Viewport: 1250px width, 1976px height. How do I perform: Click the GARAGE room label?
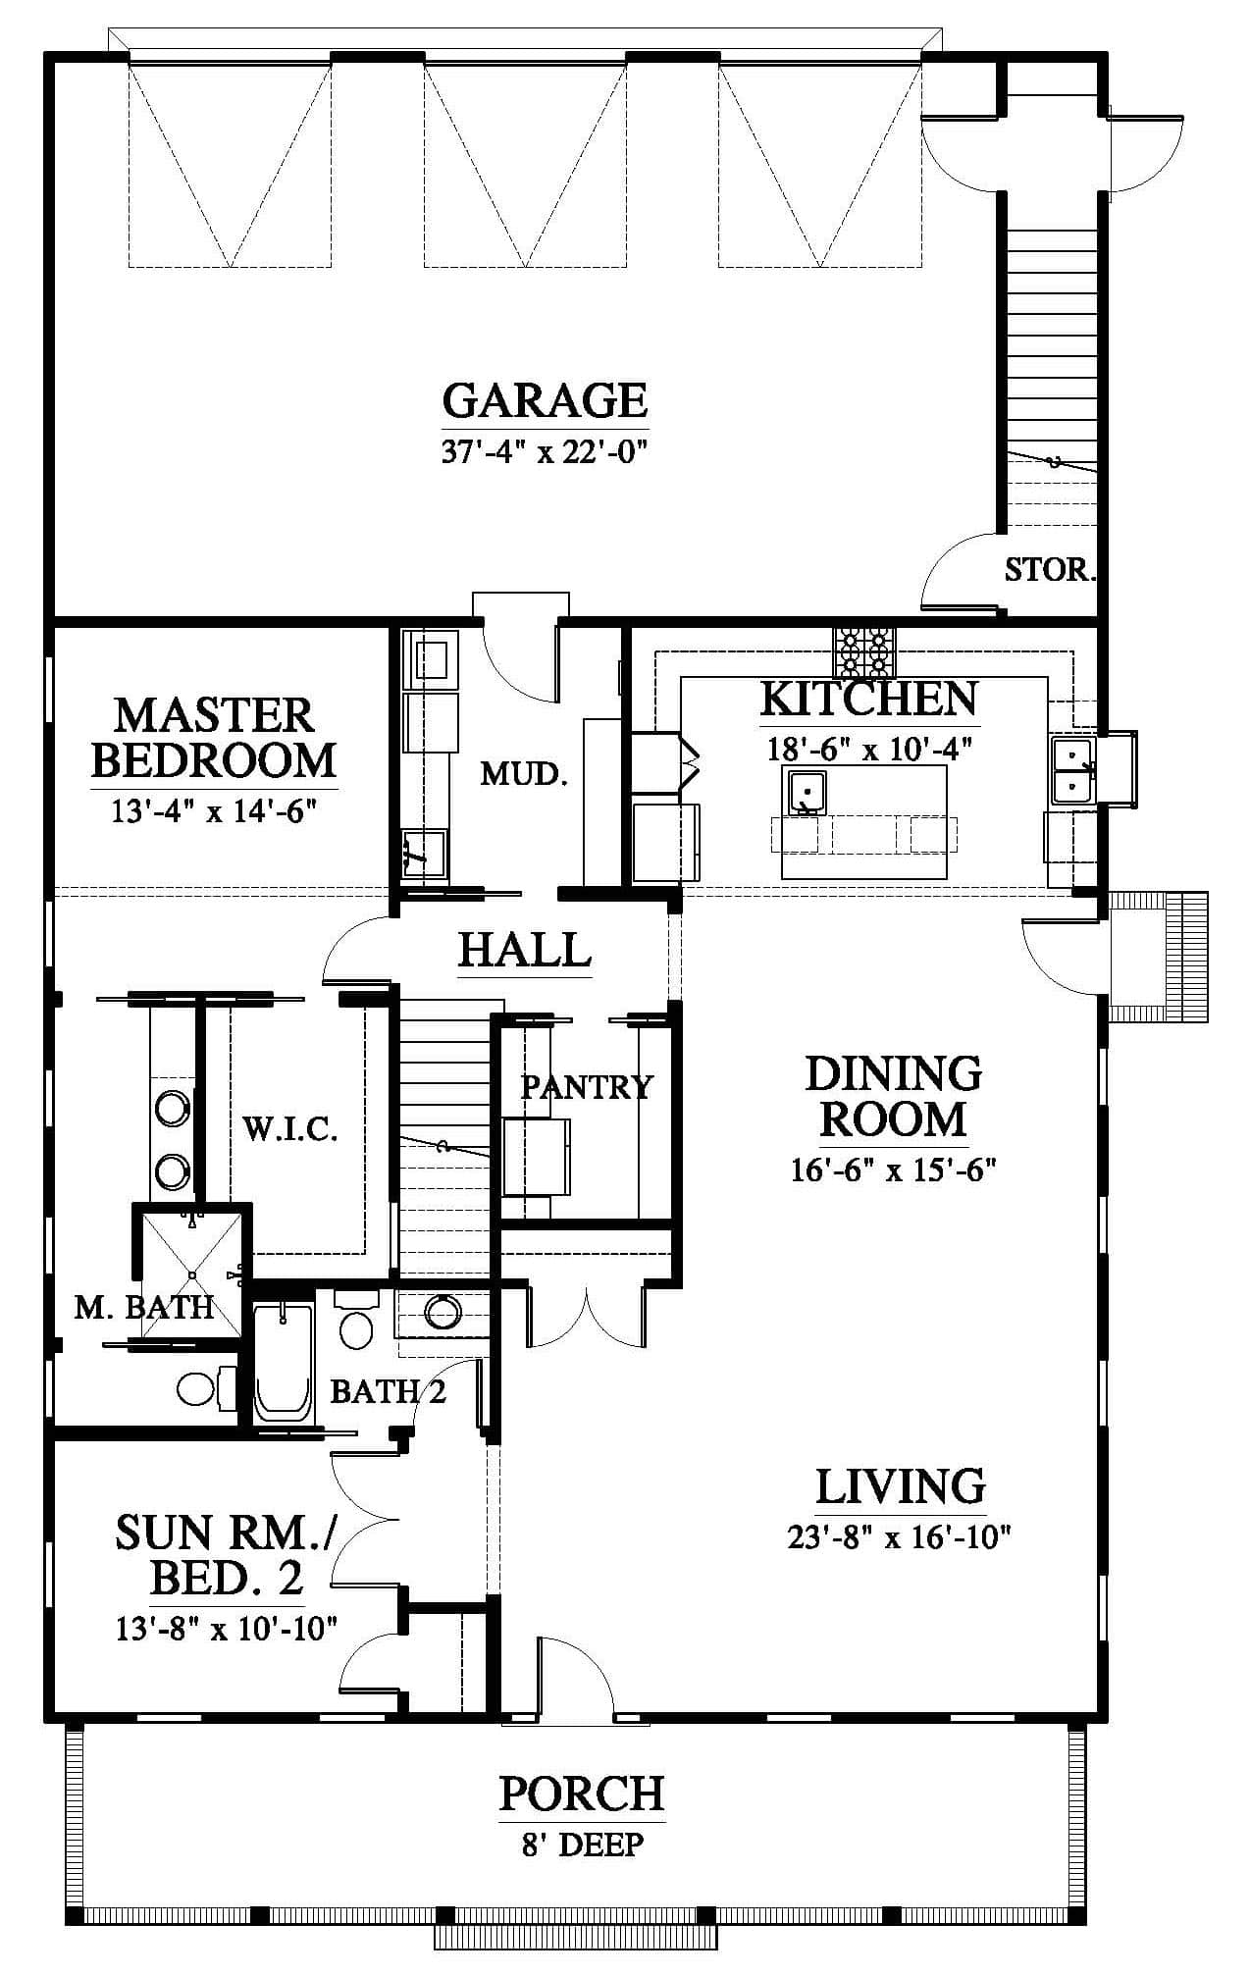click(545, 400)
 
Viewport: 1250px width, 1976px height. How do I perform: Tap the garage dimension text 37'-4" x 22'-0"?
click(547, 453)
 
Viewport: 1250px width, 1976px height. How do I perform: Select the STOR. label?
click(1049, 569)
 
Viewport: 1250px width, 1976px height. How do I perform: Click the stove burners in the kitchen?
click(865, 650)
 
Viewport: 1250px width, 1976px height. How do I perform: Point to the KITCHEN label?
click(869, 699)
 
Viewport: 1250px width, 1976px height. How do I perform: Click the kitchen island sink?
click(805, 793)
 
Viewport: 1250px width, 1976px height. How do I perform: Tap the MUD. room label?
click(524, 774)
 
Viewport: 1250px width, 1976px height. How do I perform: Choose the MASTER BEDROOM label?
click(215, 738)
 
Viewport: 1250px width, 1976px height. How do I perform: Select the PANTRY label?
click(586, 1086)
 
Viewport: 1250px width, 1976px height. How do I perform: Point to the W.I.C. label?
click(290, 1129)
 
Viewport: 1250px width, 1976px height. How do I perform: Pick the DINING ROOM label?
click(894, 1096)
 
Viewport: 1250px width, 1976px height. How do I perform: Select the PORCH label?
click(582, 1793)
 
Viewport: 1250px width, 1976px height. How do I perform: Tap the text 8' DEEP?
click(583, 1845)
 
